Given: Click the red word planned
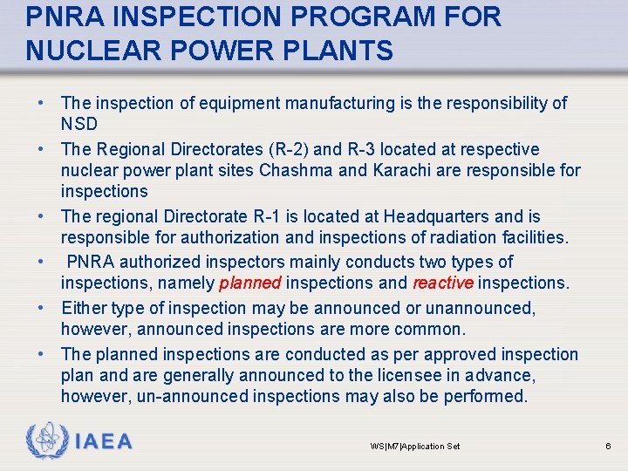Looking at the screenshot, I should point(249,283).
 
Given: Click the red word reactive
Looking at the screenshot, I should point(442,283).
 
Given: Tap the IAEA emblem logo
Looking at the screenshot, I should point(45,441).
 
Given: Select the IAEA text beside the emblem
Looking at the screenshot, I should point(104,442).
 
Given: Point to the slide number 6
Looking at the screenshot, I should point(608,447).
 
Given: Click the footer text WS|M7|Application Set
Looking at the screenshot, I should point(415,447).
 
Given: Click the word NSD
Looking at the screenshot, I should point(79,124).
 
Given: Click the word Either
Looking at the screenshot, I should point(84,308).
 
